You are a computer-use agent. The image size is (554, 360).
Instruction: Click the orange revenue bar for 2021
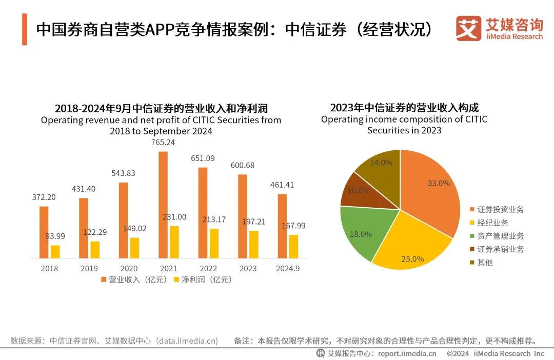[x=163, y=205]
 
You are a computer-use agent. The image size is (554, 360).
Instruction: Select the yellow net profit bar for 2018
[x=55, y=252]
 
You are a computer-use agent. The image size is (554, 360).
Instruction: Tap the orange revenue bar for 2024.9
[x=282, y=226]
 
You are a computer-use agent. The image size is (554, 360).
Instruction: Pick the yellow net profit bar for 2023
[x=254, y=245]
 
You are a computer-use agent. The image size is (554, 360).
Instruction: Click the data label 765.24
[x=163, y=143]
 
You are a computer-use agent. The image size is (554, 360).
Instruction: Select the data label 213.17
[x=214, y=219]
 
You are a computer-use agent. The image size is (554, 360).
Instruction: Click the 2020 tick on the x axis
[x=129, y=268]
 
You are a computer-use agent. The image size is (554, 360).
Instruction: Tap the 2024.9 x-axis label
[x=288, y=268]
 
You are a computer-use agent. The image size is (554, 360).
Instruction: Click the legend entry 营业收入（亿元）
[x=135, y=280]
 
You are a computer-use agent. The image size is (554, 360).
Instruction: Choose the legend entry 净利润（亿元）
[x=204, y=280]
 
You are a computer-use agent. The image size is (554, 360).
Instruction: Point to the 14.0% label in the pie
[x=381, y=163]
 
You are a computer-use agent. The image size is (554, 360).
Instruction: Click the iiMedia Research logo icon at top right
[x=468, y=28]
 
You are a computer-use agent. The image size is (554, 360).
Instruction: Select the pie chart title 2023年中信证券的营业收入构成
[x=404, y=108]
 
